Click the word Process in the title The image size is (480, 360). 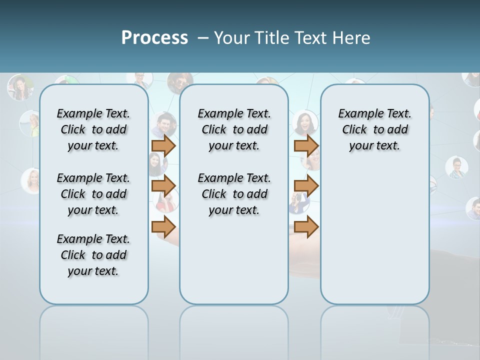(x=154, y=37)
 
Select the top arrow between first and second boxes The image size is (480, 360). (x=163, y=145)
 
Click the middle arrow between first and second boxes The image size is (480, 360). (x=163, y=186)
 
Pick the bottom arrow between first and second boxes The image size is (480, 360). (x=163, y=227)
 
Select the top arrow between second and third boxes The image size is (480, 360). (x=306, y=145)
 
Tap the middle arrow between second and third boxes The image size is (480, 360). (x=306, y=186)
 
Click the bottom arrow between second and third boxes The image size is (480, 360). (x=306, y=227)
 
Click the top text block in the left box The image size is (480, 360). (x=93, y=129)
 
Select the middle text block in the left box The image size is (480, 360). (x=93, y=194)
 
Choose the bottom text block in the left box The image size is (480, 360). (x=93, y=255)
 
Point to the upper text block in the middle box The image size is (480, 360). (x=234, y=129)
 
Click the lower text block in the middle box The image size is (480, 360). (x=234, y=194)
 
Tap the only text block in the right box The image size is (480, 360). (x=374, y=129)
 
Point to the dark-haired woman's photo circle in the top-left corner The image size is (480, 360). (x=20, y=87)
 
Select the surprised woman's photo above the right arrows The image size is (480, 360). (x=304, y=122)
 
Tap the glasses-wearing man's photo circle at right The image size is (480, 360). (x=456, y=168)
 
